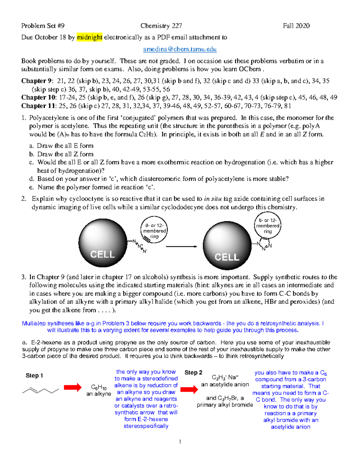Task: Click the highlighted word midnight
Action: click(89, 37)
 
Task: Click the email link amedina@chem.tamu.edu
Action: click(180, 49)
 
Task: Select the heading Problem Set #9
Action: click(43, 26)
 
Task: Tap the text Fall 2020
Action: click(296, 26)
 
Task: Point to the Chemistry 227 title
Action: click(161, 26)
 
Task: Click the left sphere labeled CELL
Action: click(103, 243)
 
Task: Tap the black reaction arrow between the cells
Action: click(181, 247)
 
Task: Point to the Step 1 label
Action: click(34, 375)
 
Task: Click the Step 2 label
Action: click(193, 372)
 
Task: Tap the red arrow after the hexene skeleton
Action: click(73, 387)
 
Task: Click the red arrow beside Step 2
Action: click(189, 389)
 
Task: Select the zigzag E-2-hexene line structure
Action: click(40, 390)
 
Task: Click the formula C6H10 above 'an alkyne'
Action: click(99, 387)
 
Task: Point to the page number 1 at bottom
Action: click(180, 441)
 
